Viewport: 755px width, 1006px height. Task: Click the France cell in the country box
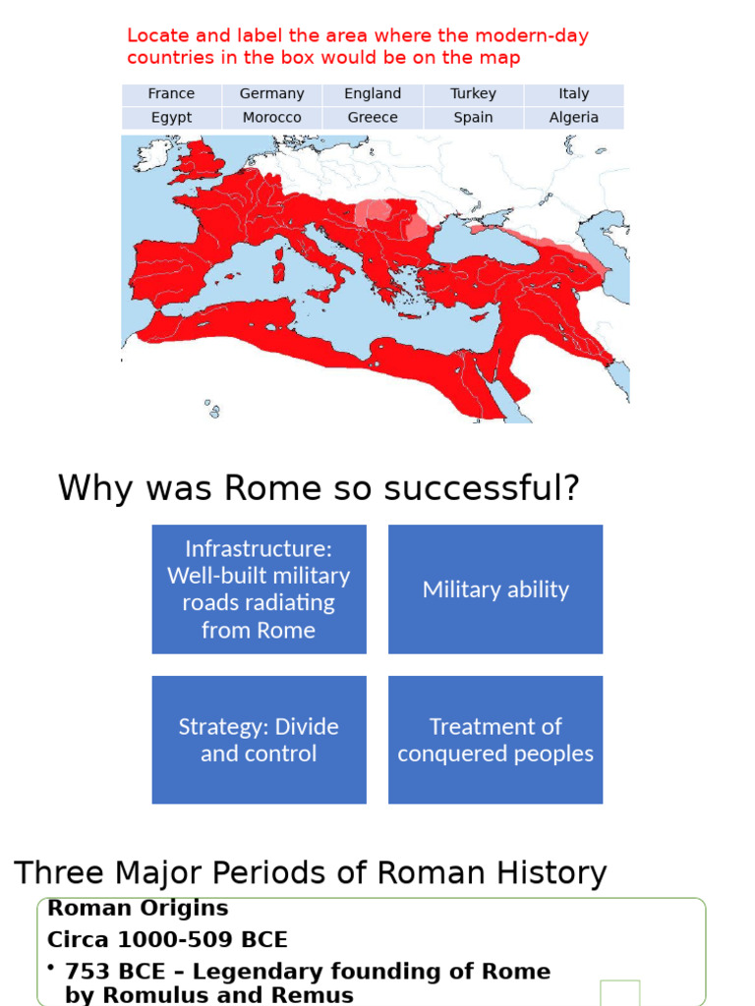(x=171, y=94)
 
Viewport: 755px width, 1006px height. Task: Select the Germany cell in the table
(x=272, y=94)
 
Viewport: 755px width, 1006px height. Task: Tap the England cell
(x=373, y=94)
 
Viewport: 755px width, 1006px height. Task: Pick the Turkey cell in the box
(x=473, y=94)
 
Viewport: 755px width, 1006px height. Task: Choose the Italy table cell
(x=573, y=94)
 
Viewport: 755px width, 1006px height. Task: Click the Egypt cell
(x=171, y=118)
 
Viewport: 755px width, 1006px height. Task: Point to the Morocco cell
(x=272, y=118)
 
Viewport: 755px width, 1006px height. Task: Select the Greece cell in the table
(x=373, y=118)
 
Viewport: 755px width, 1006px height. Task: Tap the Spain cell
(x=473, y=118)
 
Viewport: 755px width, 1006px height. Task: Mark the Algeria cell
(x=573, y=118)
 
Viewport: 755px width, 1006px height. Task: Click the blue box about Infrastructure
(x=259, y=589)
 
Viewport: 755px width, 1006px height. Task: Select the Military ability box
(x=495, y=589)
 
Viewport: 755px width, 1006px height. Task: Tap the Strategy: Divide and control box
(x=259, y=740)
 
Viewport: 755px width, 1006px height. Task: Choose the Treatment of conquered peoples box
(x=495, y=740)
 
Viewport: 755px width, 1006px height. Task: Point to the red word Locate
(x=158, y=36)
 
